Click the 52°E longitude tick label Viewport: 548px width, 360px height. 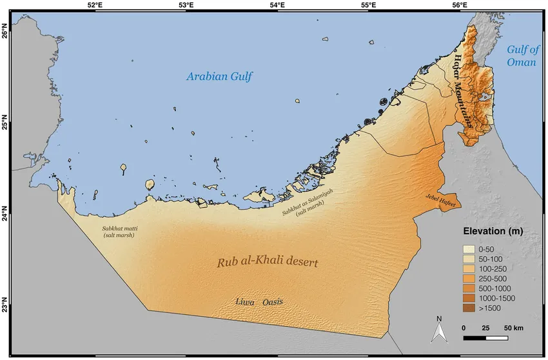point(95,5)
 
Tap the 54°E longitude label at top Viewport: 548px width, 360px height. point(278,5)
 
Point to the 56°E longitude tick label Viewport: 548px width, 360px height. point(460,5)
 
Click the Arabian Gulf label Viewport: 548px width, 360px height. point(219,77)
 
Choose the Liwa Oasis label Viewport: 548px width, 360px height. point(259,302)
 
